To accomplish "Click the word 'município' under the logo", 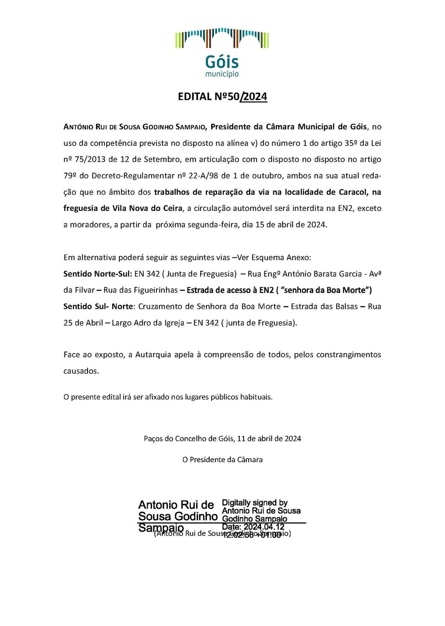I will [222, 74].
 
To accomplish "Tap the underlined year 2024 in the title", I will [255, 97].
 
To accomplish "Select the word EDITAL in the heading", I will [195, 97].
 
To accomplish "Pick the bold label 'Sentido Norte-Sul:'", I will [98, 274].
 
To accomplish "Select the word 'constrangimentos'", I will [348, 355].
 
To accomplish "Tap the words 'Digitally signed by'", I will [255, 503].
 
